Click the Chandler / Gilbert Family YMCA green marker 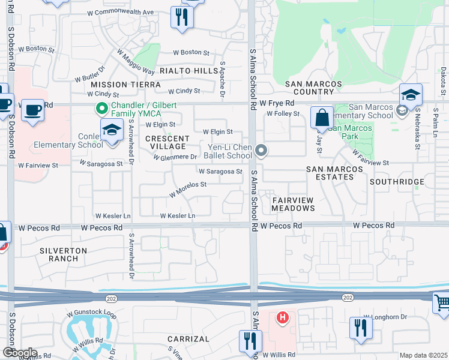[102, 109]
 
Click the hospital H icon [282, 317]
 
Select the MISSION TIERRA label [125, 85]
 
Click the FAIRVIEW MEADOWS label [293, 203]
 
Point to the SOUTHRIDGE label [397, 181]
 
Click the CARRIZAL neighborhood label [188, 339]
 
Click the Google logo [19, 353]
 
